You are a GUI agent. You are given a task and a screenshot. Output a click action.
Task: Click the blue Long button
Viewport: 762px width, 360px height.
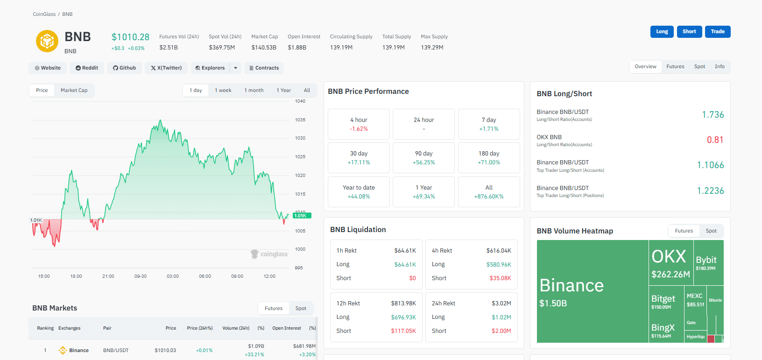[x=662, y=32]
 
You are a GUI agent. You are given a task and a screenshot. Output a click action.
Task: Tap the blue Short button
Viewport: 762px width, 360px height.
[x=689, y=32]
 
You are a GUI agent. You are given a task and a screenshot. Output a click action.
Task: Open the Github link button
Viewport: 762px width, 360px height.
[x=124, y=68]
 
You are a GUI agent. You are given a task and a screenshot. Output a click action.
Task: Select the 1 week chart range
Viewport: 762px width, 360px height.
[x=223, y=91]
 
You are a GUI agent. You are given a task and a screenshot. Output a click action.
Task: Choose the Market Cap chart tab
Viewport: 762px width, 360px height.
[x=74, y=91]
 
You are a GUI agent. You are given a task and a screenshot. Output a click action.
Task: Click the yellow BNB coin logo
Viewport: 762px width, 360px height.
[x=47, y=41]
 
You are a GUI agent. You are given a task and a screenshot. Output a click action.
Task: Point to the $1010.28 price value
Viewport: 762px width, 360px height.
[x=130, y=37]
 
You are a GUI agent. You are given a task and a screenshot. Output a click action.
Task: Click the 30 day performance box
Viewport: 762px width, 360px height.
[x=359, y=158]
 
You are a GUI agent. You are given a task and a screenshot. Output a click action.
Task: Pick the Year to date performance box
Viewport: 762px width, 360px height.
[x=359, y=192]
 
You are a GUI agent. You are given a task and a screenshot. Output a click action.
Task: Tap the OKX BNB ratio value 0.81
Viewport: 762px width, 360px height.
[x=715, y=140]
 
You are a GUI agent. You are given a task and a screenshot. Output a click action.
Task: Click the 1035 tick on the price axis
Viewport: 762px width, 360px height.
[x=300, y=120]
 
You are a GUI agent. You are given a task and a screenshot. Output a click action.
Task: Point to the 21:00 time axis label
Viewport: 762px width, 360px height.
[x=108, y=276]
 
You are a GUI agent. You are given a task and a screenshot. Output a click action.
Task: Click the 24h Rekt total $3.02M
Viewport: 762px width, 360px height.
[x=501, y=304]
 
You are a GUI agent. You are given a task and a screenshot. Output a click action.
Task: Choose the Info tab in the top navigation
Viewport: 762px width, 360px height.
[x=720, y=67]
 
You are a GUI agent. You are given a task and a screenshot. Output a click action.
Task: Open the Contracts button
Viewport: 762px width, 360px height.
[x=264, y=68]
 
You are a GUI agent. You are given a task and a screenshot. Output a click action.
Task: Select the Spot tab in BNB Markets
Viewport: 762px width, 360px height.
[x=301, y=309]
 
